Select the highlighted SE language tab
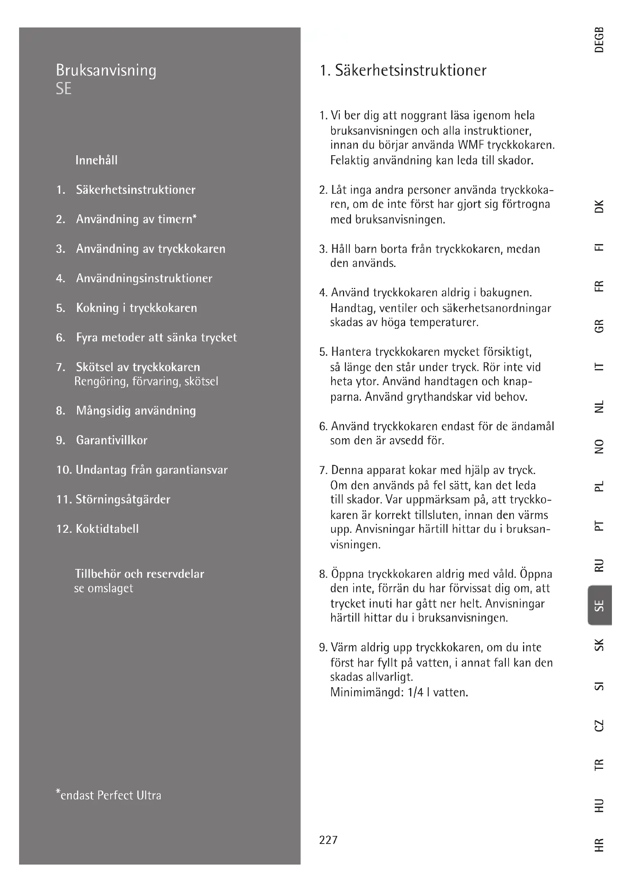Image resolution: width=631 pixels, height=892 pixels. point(600,605)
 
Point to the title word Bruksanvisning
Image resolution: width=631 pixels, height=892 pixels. point(106,71)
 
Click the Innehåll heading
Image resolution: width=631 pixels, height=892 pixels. point(96,160)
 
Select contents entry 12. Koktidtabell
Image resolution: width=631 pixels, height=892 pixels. point(97,529)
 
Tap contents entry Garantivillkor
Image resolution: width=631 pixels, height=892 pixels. point(111,440)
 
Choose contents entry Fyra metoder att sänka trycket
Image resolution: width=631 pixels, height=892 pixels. point(156,338)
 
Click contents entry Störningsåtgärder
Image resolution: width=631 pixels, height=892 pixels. point(123,499)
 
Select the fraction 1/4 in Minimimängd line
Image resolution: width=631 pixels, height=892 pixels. point(415,693)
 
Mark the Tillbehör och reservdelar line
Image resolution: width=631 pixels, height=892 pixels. point(139,574)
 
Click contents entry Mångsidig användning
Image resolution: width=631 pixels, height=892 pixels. point(135,411)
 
